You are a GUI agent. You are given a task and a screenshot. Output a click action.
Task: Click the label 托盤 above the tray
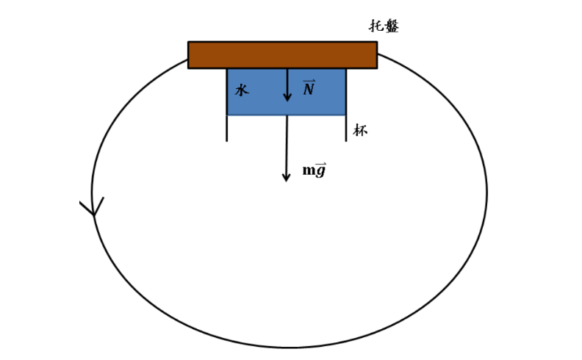(x=384, y=26)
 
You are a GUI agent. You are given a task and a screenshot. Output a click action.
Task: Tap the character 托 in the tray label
(x=376, y=26)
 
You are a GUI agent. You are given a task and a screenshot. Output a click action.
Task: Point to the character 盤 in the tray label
(x=392, y=26)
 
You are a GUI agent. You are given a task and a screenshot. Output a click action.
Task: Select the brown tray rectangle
(x=282, y=55)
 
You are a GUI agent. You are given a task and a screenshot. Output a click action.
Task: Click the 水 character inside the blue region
(x=242, y=90)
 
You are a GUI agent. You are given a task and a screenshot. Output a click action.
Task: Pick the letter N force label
(x=309, y=89)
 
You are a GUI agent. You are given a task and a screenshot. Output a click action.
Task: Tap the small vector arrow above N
(x=309, y=81)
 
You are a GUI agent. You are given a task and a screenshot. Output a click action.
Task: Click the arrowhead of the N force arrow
(x=287, y=97)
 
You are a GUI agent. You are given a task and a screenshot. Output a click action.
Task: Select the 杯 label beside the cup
(x=360, y=130)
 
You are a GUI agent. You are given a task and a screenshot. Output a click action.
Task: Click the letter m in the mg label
(x=309, y=170)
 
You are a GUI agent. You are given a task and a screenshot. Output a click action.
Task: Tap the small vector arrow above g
(x=321, y=163)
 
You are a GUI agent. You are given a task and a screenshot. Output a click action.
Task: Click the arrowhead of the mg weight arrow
(x=286, y=178)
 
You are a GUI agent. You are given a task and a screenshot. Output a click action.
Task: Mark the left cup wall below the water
(x=227, y=129)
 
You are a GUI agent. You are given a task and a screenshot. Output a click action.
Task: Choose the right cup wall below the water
(x=346, y=129)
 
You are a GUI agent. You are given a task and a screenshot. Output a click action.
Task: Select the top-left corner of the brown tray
(x=188, y=42)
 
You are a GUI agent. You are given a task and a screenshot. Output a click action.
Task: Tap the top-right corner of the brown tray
(x=377, y=42)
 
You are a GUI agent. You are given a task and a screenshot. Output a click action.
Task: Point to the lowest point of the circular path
(x=290, y=348)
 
